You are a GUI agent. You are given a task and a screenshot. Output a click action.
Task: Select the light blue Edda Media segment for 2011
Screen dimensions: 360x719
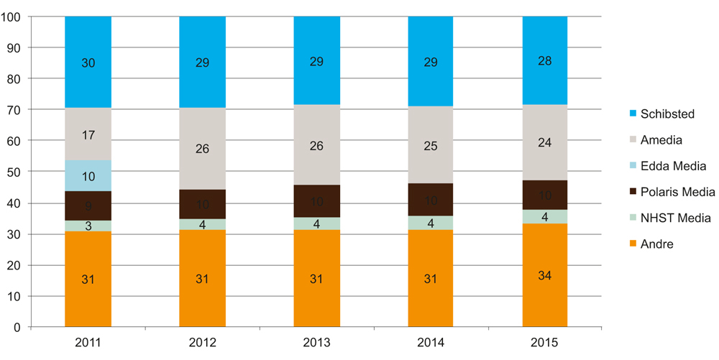[x=88, y=176]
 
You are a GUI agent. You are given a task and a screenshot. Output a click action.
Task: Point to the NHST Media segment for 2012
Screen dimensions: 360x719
[x=202, y=224]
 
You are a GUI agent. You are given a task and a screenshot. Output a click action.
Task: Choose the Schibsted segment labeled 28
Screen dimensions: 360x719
[x=545, y=60]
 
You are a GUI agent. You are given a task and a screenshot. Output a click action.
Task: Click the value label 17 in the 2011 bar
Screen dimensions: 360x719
[x=88, y=135]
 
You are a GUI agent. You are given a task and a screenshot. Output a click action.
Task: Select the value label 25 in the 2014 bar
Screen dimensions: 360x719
[x=431, y=147]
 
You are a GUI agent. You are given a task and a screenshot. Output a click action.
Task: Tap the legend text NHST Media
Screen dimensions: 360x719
[x=674, y=218]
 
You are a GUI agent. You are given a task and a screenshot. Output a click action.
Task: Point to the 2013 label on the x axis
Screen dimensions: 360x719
[x=316, y=343]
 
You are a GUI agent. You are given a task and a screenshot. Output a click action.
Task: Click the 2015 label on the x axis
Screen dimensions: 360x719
[x=545, y=343]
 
